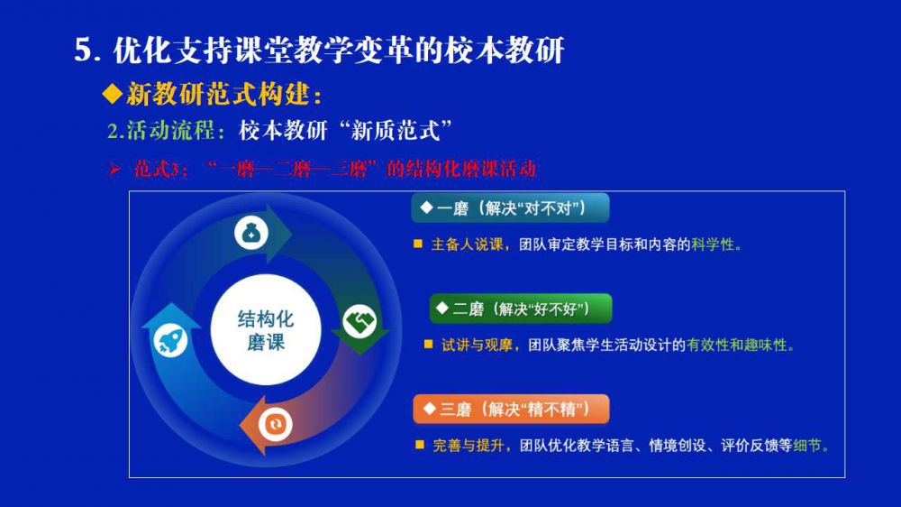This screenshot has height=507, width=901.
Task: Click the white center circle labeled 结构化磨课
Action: click(266, 330)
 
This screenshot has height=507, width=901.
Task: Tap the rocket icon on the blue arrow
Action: click(170, 340)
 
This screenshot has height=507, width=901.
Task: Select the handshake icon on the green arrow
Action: click(359, 321)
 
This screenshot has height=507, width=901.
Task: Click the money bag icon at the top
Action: click(251, 233)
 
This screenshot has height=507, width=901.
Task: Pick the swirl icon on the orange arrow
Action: click(275, 424)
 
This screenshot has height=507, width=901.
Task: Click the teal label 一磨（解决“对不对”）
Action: click(510, 207)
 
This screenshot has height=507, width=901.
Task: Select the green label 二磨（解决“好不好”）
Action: click(521, 309)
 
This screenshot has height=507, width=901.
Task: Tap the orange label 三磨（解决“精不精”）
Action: click(511, 410)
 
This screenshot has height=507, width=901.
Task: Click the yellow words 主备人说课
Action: click(467, 244)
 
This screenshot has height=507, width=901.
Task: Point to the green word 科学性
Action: click(713, 244)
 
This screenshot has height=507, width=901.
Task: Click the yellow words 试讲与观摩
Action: click(477, 346)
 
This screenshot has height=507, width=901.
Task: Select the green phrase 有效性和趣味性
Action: click(737, 346)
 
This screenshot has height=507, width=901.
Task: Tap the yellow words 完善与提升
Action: click(469, 446)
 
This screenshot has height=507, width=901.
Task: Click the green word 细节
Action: click(806, 446)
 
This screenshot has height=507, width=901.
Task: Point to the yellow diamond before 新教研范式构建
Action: click(113, 94)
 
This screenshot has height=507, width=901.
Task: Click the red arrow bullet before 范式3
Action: click(115, 170)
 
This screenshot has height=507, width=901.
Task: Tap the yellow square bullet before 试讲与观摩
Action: click(428, 345)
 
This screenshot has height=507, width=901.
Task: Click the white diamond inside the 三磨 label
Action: click(429, 409)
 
